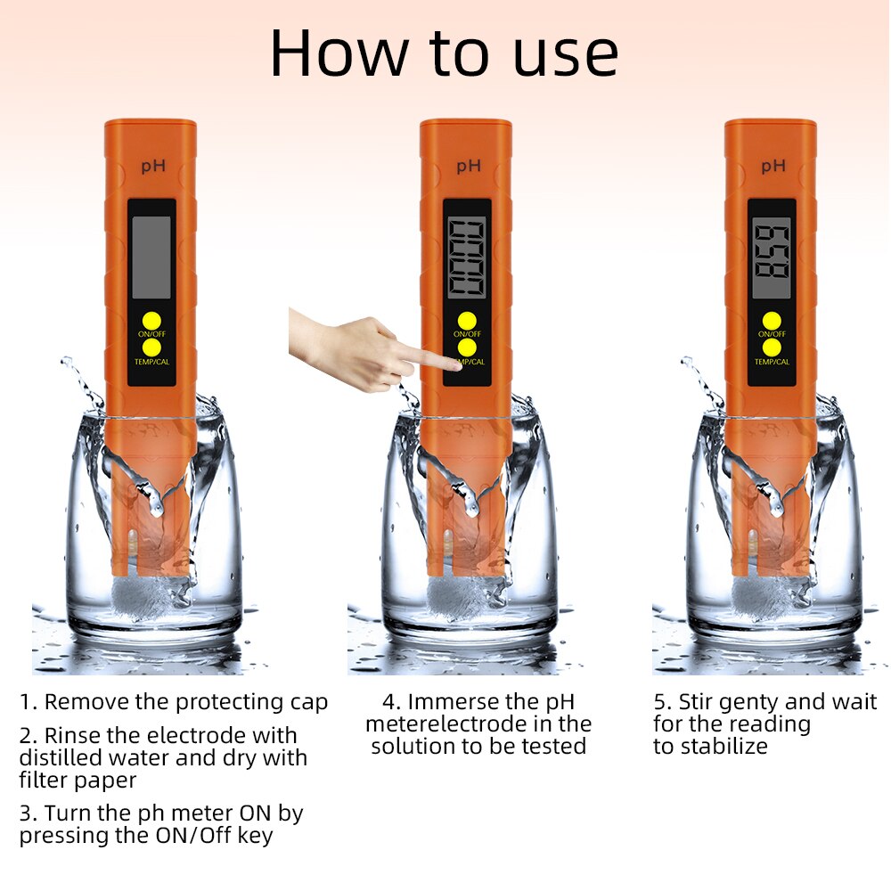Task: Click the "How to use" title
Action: click(x=444, y=53)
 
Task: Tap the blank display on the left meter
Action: click(x=151, y=257)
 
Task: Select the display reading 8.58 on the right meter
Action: click(x=771, y=257)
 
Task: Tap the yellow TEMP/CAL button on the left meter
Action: click(x=151, y=346)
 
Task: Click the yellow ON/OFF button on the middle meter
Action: click(x=467, y=320)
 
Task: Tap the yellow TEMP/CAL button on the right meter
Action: click(x=772, y=347)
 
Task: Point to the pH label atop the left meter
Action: click(x=152, y=166)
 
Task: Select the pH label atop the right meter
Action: click(x=772, y=166)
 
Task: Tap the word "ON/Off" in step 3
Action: click(x=227, y=836)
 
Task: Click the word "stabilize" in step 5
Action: click(x=723, y=747)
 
